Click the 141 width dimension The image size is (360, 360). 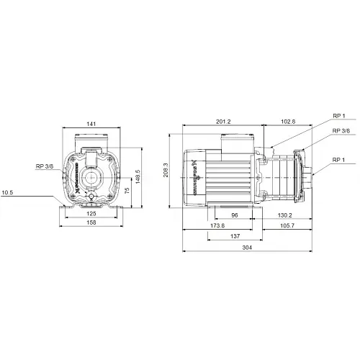(x=91, y=125)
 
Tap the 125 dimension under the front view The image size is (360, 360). (x=91, y=214)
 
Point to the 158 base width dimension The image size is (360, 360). (x=91, y=222)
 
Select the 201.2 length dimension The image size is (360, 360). (x=224, y=122)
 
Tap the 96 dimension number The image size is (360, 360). (x=234, y=215)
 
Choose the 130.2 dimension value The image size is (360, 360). (x=284, y=215)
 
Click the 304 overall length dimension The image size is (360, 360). (x=248, y=248)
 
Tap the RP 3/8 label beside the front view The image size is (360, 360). (x=43, y=166)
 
